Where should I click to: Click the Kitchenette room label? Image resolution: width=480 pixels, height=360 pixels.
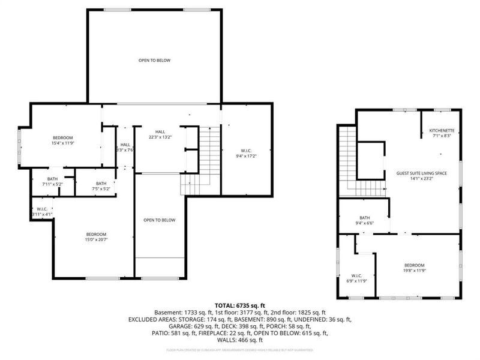tap(442, 131)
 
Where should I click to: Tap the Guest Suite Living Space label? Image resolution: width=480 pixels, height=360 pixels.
tap(421, 173)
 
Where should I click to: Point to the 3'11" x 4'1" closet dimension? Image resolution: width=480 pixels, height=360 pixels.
tap(42, 214)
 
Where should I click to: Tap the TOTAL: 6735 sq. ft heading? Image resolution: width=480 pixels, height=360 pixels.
tap(239, 305)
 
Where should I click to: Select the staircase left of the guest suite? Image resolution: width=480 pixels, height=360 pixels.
tap(349, 162)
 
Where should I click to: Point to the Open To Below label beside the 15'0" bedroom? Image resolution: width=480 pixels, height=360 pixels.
tap(160, 220)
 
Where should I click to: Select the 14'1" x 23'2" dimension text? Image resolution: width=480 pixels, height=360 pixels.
tap(421, 179)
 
